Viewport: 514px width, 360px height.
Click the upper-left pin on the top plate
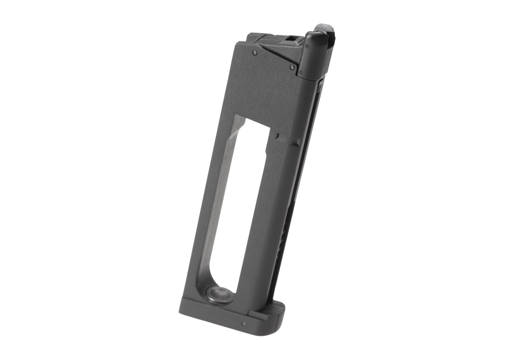[254, 53]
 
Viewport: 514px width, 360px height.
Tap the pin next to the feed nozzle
[292, 67]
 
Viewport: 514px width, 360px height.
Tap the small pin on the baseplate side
[243, 324]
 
